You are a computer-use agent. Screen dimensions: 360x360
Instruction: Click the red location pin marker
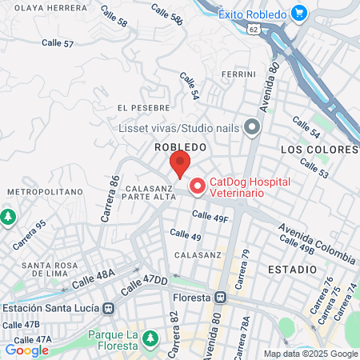point(180,162)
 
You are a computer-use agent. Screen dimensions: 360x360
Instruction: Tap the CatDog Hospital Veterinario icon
point(196,186)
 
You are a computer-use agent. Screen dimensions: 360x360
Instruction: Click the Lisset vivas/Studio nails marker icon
point(252,127)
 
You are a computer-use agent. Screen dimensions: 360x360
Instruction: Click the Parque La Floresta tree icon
point(148,339)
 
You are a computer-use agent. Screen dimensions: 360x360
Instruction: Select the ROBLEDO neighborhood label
point(181,148)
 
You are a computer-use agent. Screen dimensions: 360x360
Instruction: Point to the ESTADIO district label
point(293,269)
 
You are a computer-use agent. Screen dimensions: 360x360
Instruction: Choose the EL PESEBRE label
point(143,107)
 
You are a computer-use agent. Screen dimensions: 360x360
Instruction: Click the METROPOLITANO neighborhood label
point(45,193)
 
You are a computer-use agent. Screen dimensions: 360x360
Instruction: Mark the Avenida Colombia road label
point(318,244)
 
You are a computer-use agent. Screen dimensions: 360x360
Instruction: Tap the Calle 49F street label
point(210,216)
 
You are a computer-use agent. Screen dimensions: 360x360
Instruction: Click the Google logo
point(26,350)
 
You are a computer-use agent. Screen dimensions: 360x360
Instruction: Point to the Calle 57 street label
point(58,42)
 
